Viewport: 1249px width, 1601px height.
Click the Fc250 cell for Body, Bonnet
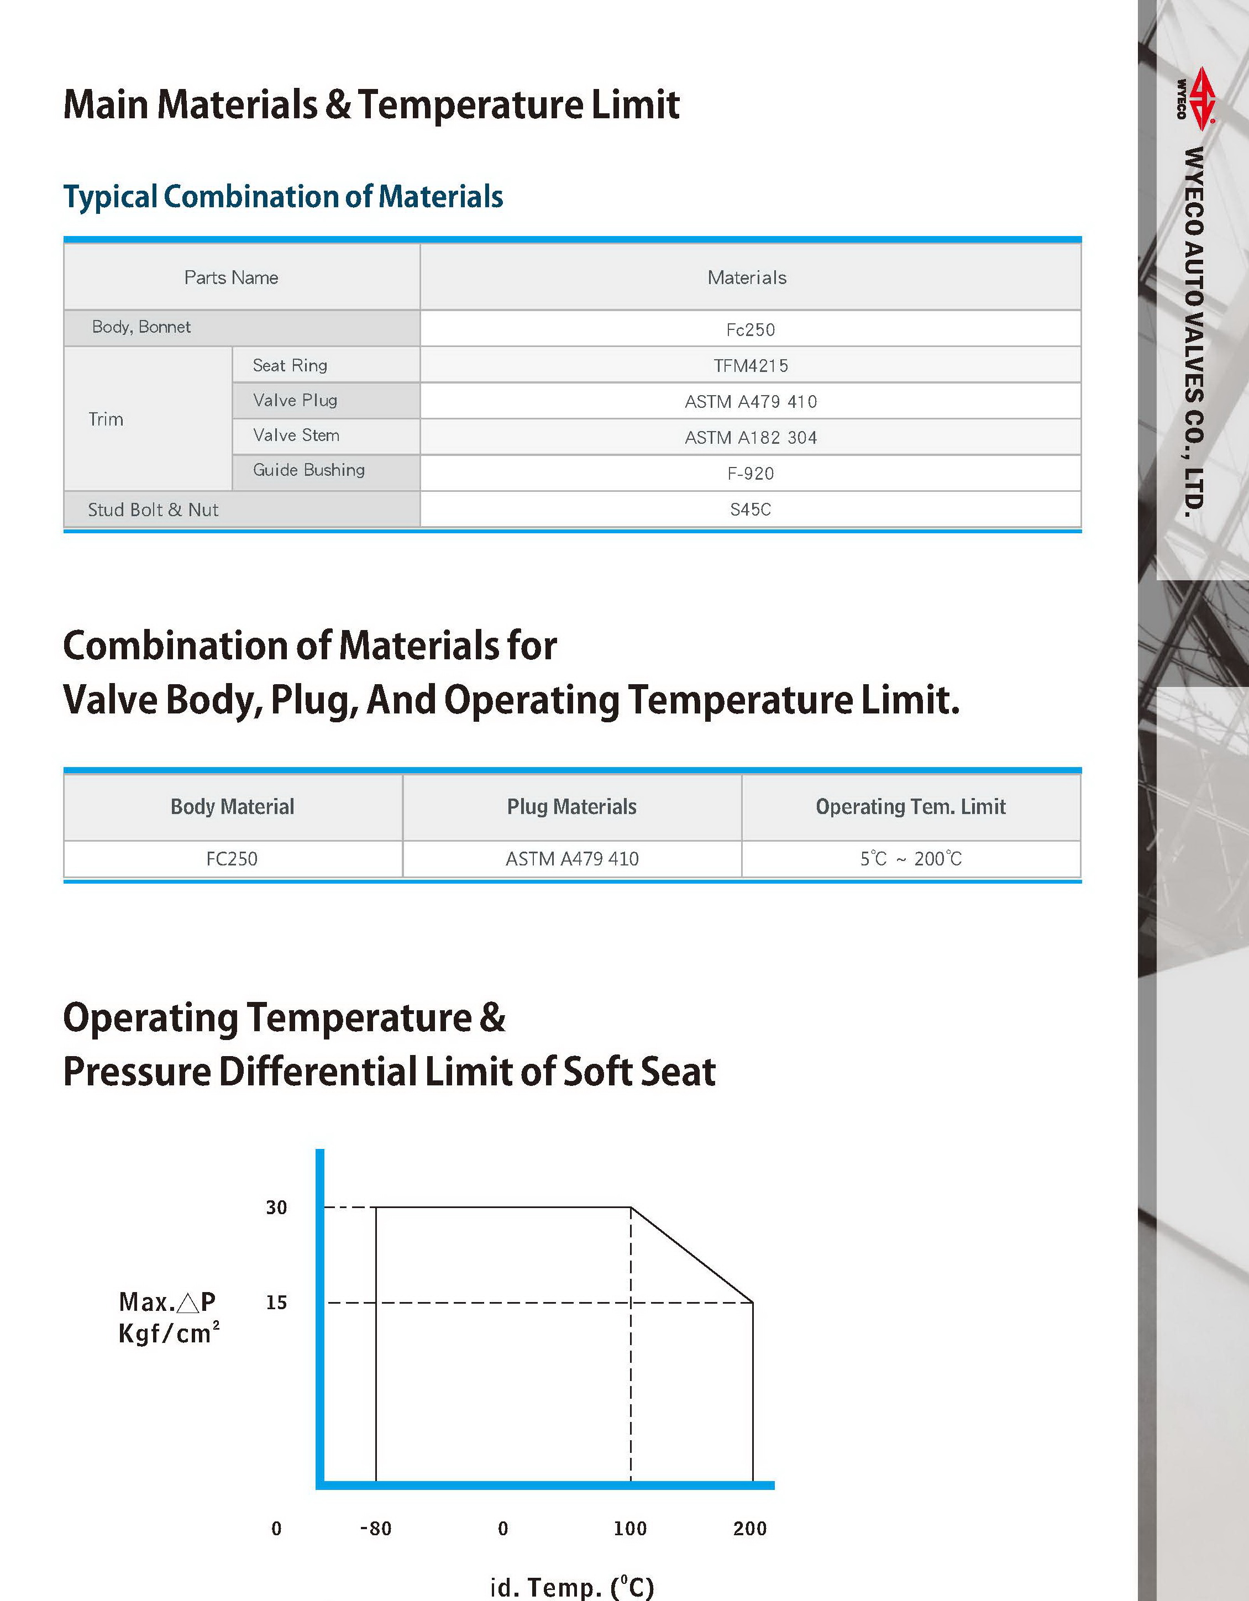click(x=750, y=329)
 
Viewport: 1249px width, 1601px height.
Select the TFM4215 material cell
click(x=750, y=365)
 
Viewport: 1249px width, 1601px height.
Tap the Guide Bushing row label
click(x=308, y=470)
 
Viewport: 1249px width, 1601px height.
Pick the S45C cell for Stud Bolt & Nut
click(x=750, y=510)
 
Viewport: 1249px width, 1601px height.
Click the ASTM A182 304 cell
click(x=750, y=438)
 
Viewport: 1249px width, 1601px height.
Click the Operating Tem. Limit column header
click(x=910, y=806)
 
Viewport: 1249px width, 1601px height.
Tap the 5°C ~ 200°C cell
click(x=910, y=858)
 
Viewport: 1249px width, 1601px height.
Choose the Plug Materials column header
click(x=572, y=806)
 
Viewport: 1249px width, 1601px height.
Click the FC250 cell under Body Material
click(x=232, y=858)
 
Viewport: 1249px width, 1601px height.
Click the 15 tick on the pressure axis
click(x=276, y=1303)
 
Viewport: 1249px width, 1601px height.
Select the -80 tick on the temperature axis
click(x=375, y=1529)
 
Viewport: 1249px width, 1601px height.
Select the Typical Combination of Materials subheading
click(x=283, y=196)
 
